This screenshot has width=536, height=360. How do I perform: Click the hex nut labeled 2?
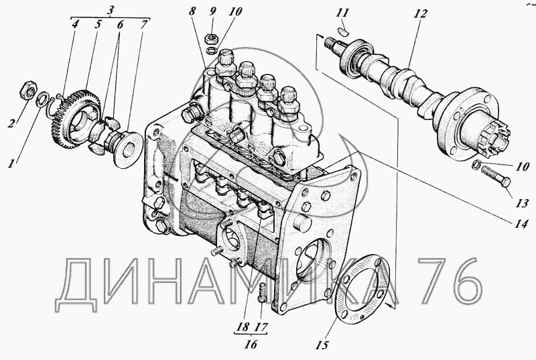[x=28, y=91]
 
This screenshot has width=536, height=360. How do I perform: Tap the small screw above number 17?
[x=262, y=292]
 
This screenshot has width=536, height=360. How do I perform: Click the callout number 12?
[x=420, y=14]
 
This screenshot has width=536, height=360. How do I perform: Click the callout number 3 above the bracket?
[x=110, y=10]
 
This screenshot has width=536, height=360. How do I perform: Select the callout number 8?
[x=192, y=11]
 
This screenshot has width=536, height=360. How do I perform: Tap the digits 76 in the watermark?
[x=450, y=282]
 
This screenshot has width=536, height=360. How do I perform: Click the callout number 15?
[x=322, y=345]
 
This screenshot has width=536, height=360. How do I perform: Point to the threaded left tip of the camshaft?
[x=331, y=42]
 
